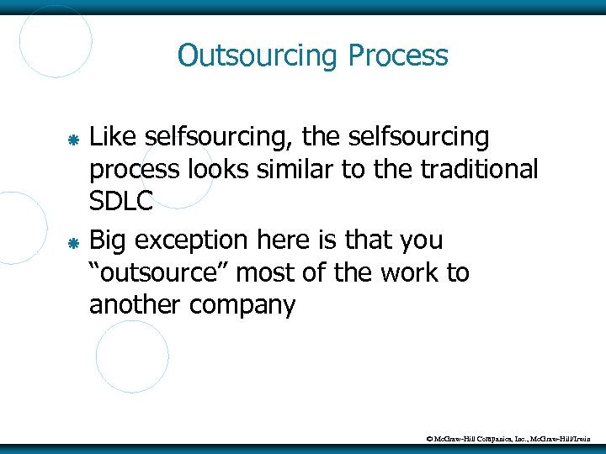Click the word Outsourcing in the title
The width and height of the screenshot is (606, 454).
click(x=258, y=56)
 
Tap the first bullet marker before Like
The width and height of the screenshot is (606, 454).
click(x=73, y=138)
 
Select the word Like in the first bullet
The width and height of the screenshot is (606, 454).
click(x=114, y=135)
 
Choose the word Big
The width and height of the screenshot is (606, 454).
click(x=109, y=240)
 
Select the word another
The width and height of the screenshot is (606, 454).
click(x=136, y=304)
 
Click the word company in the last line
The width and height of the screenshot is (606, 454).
click(x=242, y=304)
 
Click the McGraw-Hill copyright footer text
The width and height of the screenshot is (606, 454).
click(x=513, y=437)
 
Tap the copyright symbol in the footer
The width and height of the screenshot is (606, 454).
click(x=429, y=437)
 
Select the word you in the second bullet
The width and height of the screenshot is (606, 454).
click(x=417, y=240)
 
